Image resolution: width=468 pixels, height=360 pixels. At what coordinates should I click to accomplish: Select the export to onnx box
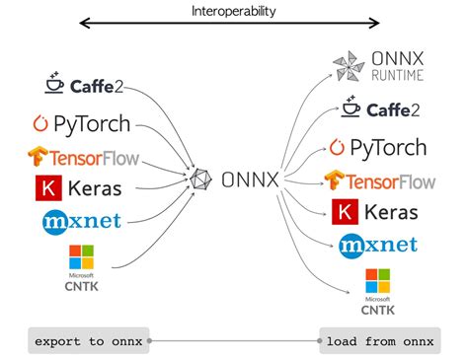(88, 341)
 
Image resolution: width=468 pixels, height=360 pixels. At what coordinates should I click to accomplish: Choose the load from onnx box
(379, 341)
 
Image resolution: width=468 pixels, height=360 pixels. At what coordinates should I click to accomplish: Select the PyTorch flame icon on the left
(40, 125)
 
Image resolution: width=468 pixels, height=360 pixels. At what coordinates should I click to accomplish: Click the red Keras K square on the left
(44, 187)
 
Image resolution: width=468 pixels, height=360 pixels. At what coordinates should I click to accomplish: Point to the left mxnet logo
(81, 220)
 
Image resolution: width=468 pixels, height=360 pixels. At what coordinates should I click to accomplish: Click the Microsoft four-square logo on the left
(80, 258)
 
